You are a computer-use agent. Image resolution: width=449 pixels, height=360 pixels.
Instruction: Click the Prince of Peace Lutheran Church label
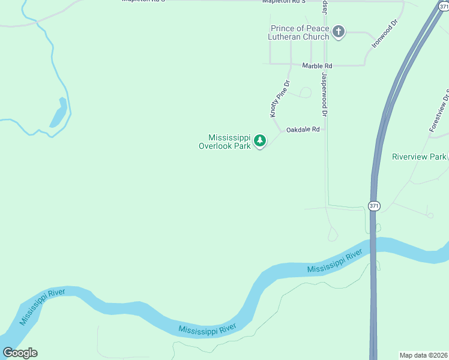coord(300,32)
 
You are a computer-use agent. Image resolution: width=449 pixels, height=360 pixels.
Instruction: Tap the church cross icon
coord(339,32)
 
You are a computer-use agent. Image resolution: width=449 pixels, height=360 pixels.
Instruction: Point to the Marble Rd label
coord(317,65)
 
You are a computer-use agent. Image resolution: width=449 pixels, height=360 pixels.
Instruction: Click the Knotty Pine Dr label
coord(280,98)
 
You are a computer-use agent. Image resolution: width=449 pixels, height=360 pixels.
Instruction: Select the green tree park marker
coord(260,141)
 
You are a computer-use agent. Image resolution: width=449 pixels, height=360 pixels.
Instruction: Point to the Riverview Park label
coord(419,157)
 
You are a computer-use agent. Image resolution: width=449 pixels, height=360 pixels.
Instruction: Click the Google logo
coord(20,353)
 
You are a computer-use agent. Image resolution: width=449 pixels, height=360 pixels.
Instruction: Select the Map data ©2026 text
coord(423,355)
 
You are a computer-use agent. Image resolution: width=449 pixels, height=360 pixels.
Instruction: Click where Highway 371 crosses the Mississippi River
coord(373,247)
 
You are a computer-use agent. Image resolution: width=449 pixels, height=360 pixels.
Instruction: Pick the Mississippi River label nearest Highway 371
coord(334,262)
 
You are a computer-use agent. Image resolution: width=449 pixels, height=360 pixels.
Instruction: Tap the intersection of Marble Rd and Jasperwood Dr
coord(324,65)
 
